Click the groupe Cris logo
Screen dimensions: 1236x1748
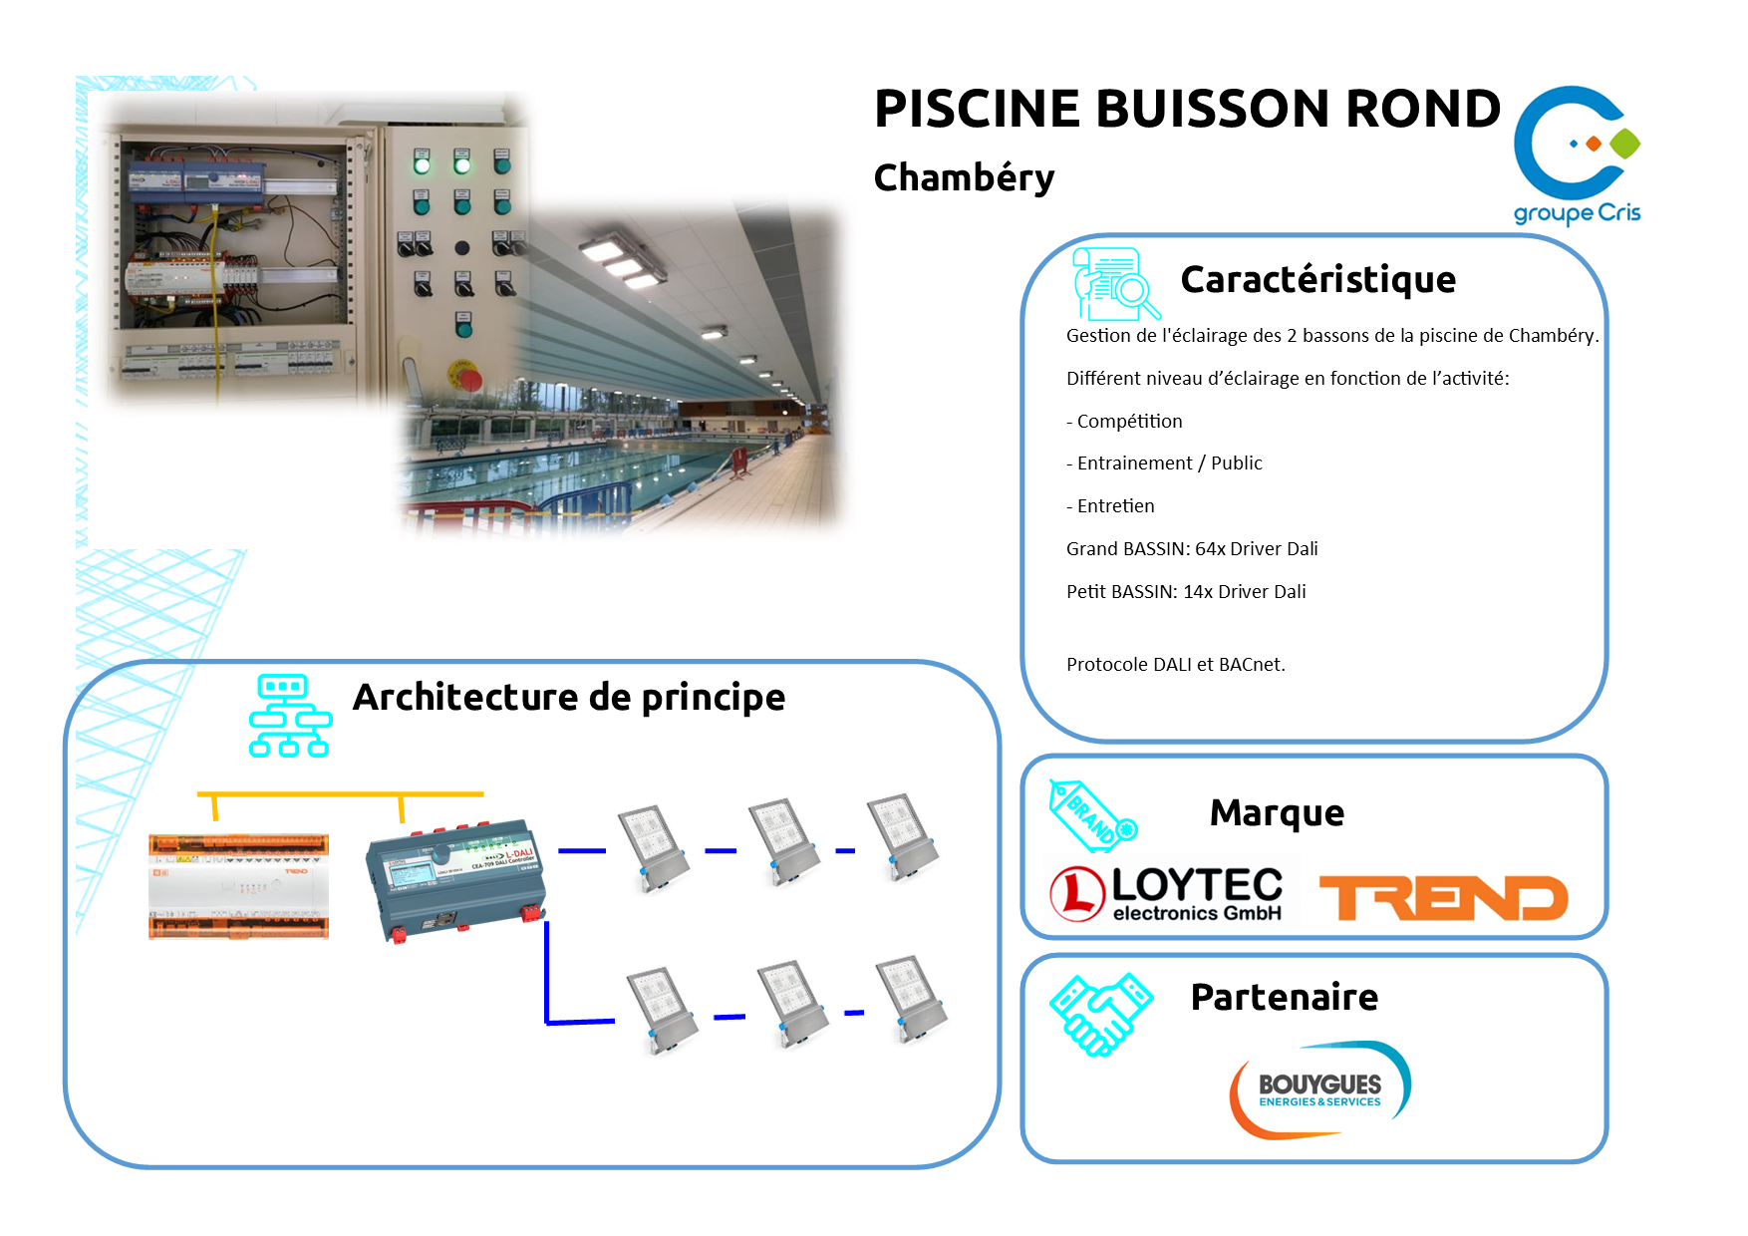coord(1576,154)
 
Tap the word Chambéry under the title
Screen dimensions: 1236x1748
coord(964,177)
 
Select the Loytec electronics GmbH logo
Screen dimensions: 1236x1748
coord(1167,892)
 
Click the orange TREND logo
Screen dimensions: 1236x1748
coord(1443,897)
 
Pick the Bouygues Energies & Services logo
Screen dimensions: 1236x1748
coord(1319,1089)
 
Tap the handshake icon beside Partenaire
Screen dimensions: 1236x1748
coord(1100,1014)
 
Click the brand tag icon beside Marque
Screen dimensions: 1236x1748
coord(1092,815)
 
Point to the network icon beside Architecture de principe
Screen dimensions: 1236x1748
coord(289,716)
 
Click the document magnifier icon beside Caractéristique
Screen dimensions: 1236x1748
coord(1114,283)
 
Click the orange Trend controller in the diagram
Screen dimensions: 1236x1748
coord(238,886)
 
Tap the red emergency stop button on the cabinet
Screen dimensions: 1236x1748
coord(466,376)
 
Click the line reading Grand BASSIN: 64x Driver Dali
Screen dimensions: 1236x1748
coord(1192,549)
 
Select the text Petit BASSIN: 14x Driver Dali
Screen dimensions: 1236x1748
coord(1186,592)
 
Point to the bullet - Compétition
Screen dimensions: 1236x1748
coord(1124,422)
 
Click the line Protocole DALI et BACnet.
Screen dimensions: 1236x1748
coord(1176,665)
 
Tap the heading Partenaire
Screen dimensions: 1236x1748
coord(1284,998)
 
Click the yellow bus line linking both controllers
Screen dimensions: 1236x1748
coord(339,794)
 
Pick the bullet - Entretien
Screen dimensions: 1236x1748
coord(1110,506)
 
